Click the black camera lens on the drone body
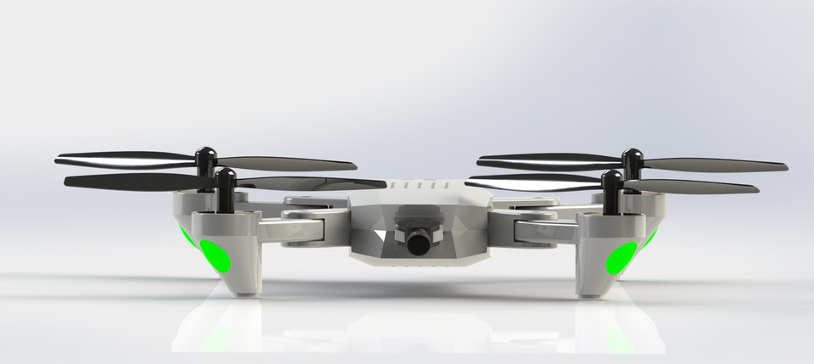419,244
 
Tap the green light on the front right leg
624,257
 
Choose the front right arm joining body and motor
534,229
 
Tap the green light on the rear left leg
183,240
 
